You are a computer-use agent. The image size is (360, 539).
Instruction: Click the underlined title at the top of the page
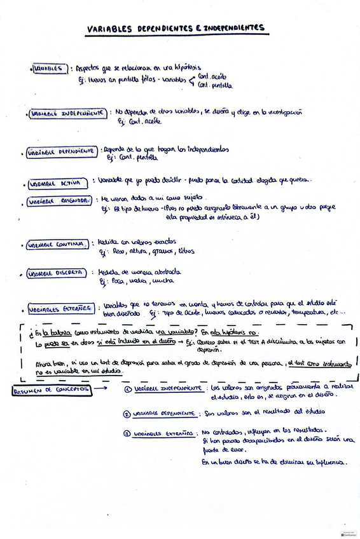click(x=176, y=29)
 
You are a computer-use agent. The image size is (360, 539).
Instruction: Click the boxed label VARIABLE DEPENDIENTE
click(x=62, y=153)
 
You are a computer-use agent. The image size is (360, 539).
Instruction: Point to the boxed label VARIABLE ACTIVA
click(x=56, y=183)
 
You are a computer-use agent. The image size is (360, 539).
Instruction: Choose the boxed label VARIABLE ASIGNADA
click(x=59, y=201)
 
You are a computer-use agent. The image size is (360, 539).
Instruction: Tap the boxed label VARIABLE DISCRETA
click(x=55, y=273)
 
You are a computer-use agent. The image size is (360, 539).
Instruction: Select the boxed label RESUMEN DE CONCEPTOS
click(x=52, y=390)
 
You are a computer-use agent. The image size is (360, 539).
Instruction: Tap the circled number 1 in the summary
click(x=128, y=389)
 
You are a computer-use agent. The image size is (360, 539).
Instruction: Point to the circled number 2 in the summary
click(x=127, y=414)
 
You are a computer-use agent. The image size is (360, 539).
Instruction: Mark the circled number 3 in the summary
click(x=127, y=434)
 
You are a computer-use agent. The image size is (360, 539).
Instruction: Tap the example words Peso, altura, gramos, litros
click(x=148, y=251)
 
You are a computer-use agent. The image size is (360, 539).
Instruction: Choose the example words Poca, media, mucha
click(x=138, y=280)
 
